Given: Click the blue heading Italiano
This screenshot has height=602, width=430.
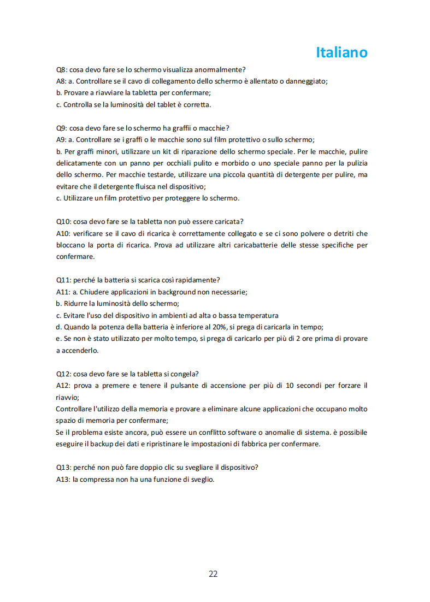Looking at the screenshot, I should click(341, 52).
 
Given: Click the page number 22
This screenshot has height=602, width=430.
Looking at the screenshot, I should click(213, 574).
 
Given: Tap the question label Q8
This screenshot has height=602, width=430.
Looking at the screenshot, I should click(62, 69).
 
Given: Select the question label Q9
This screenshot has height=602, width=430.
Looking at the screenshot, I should click(62, 128).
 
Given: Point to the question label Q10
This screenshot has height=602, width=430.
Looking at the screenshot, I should click(63, 221).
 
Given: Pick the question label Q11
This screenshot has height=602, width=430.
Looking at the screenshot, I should click(63, 280).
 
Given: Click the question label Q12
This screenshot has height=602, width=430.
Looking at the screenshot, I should click(63, 374).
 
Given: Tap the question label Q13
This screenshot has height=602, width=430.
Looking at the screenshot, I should click(63, 468).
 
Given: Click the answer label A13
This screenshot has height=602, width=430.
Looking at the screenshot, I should click(63, 479).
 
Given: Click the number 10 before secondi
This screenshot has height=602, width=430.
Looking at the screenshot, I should click(290, 386).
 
